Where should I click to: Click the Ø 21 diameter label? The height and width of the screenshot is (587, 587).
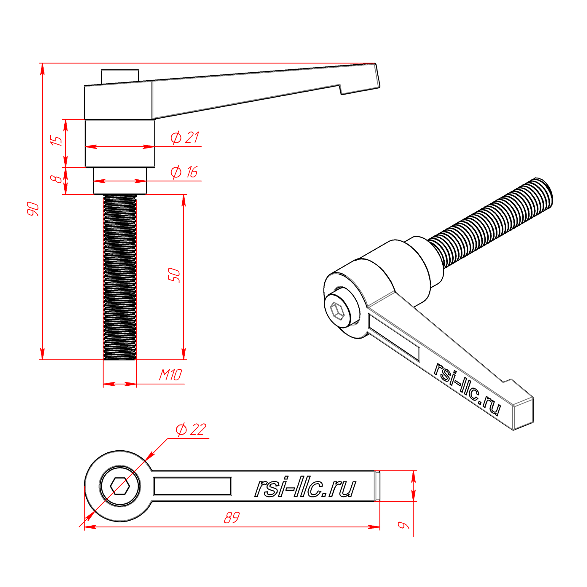click(x=184, y=138)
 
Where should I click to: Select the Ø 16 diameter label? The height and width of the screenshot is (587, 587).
click(x=184, y=172)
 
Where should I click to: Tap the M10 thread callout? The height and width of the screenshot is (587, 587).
click(x=170, y=375)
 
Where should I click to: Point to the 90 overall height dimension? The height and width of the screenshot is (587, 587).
click(x=33, y=209)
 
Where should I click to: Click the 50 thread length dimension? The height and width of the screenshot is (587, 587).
click(x=174, y=275)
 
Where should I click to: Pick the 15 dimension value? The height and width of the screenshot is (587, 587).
click(x=56, y=141)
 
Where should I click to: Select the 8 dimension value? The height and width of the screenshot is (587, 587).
click(x=56, y=179)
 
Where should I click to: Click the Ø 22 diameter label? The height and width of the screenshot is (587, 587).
click(x=191, y=430)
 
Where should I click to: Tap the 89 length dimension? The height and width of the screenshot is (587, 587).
click(x=232, y=518)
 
